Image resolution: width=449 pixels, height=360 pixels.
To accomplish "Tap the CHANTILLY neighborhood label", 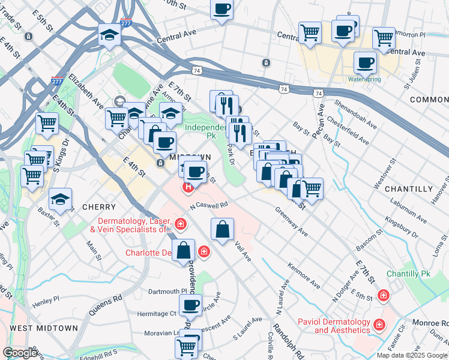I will pyautogui.click(x=408, y=189).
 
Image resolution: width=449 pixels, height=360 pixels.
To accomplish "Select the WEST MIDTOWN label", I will pyautogui.click(x=44, y=328).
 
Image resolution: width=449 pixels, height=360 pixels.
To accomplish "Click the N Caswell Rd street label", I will pyautogui.click(x=209, y=205).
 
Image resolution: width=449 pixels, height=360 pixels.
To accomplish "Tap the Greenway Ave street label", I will pyautogui.click(x=292, y=222).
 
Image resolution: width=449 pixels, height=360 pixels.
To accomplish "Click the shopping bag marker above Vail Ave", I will pyautogui.click(x=222, y=229).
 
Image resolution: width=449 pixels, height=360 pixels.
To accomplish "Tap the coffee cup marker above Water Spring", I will pyautogui.click(x=364, y=62).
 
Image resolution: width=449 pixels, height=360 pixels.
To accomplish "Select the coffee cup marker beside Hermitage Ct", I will pyautogui.click(x=190, y=305).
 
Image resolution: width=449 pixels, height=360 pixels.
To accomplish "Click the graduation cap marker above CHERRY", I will pyautogui.click(x=60, y=200).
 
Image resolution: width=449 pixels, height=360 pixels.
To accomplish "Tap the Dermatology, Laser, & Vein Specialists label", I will pyautogui.click(x=130, y=225).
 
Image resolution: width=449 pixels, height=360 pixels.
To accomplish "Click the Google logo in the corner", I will pyautogui.click(x=20, y=353).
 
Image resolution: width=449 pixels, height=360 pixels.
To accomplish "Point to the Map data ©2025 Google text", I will pyautogui.click(x=411, y=355).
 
